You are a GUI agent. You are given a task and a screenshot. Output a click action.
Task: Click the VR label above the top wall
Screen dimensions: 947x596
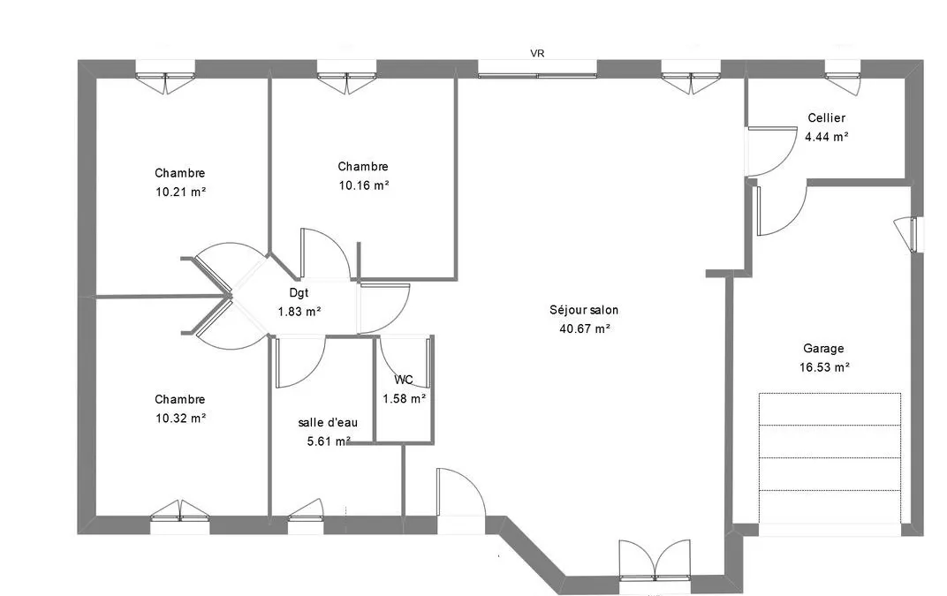click(537, 53)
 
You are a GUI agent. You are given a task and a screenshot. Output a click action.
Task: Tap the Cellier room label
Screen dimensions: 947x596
click(826, 117)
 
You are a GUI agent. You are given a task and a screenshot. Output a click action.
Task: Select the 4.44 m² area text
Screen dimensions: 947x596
click(826, 137)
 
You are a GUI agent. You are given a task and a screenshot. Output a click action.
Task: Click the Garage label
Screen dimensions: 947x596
click(823, 349)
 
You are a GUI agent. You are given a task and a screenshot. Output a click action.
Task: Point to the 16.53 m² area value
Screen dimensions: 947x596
click(824, 367)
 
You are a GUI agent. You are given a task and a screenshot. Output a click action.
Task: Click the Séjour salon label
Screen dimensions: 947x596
click(583, 310)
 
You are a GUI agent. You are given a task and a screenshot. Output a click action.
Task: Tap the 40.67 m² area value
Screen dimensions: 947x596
click(585, 329)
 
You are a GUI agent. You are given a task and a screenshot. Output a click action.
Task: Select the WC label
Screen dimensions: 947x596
click(404, 380)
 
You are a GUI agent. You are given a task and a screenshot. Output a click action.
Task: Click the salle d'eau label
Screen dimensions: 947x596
click(328, 423)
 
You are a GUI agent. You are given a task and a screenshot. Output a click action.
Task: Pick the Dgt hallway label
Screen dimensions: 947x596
click(299, 293)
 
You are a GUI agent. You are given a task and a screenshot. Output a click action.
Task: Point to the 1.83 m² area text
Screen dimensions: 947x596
click(299, 313)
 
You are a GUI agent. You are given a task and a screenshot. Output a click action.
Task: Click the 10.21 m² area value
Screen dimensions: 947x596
click(180, 192)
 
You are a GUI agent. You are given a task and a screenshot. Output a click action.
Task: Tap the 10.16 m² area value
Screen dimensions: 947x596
click(363, 185)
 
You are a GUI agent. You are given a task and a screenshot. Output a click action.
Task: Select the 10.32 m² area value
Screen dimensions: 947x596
click(180, 418)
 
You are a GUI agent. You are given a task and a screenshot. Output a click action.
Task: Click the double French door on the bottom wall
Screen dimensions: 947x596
click(655, 561)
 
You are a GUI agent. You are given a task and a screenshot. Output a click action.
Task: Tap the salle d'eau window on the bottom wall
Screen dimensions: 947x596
click(306, 517)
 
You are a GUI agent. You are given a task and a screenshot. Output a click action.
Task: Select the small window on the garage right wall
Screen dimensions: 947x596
click(910, 234)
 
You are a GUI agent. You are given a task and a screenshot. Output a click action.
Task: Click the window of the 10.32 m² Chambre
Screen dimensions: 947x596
click(180, 517)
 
